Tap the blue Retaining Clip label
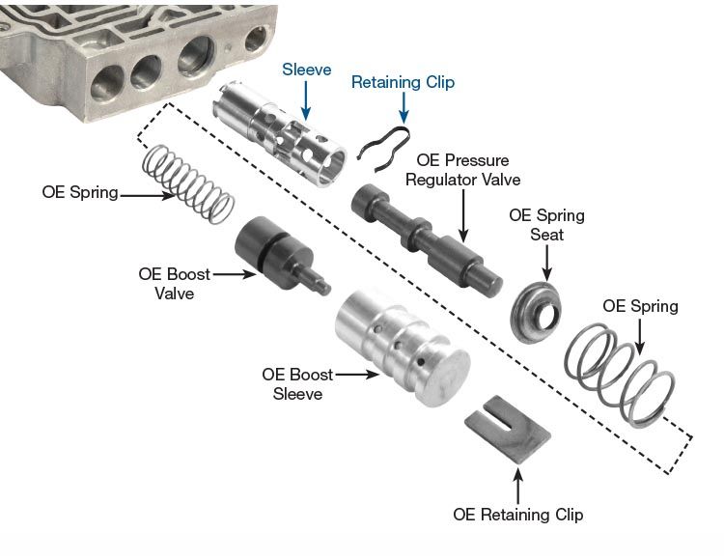403,83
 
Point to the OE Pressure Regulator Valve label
462,170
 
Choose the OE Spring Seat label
546,225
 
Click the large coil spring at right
618,372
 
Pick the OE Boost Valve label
174,283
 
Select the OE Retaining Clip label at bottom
517,514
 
